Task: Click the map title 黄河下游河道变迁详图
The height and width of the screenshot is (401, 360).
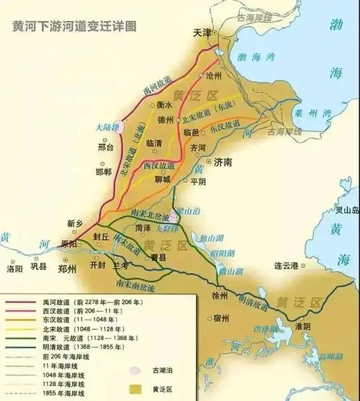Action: (x=74, y=26)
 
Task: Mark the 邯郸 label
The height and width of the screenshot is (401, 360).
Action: (x=104, y=172)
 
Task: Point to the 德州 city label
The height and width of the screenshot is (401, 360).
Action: (x=166, y=117)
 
